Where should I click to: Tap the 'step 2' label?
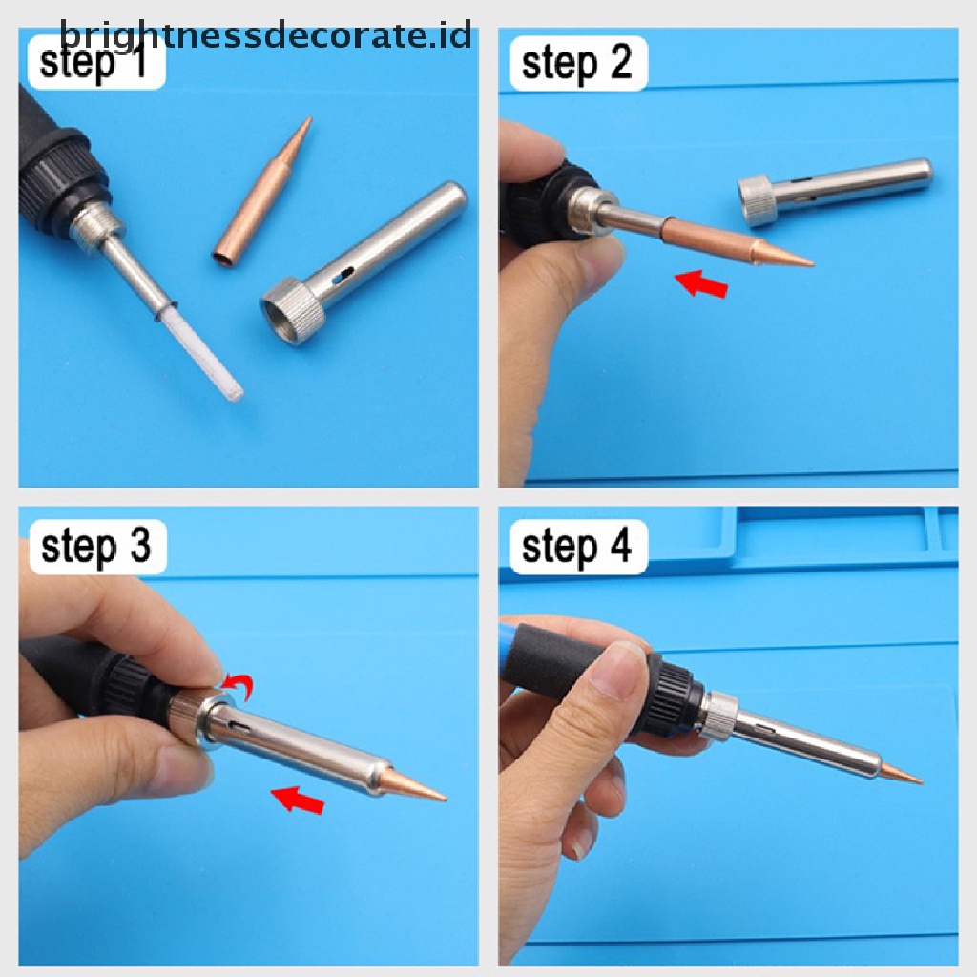[576, 64]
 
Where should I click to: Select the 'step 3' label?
[96, 547]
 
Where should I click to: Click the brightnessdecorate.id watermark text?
[266, 36]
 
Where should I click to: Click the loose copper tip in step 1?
[262, 190]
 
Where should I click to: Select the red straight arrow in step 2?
[701, 283]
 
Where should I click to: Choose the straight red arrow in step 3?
[298, 800]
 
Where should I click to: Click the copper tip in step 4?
[901, 773]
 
